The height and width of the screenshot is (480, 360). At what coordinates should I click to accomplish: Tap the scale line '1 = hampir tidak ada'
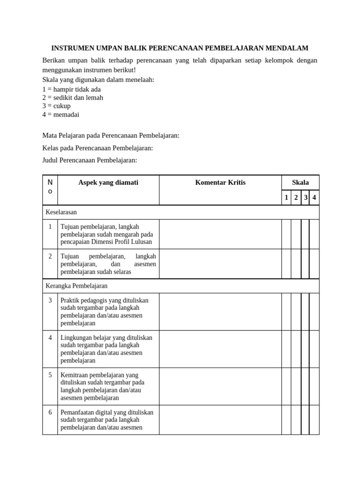pos(71,89)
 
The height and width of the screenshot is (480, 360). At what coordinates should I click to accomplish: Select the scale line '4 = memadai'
pos(61,114)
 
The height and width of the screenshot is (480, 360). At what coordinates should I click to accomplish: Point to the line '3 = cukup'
pos(56,106)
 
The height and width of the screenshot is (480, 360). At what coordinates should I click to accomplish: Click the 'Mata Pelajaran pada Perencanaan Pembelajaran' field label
pos(111,135)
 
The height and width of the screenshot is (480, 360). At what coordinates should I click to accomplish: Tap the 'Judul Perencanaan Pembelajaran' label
pos(90,160)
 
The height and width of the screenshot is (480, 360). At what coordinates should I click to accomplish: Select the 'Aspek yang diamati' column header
pos(108,182)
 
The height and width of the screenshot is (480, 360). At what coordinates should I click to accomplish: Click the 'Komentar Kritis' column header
pos(220,182)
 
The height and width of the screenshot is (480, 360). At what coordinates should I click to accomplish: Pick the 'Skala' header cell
pos(300,182)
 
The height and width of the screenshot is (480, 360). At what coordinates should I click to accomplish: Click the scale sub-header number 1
pos(286,198)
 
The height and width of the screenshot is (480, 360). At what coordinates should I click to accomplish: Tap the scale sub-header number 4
pos(314,198)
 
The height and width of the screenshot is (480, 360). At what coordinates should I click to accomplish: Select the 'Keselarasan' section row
pos(61,212)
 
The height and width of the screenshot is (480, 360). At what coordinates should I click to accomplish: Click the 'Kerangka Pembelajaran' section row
pos(76,285)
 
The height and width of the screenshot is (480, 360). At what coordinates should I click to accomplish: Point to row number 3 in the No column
pos(50,300)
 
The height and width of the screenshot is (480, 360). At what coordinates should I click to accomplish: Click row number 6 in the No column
pos(50,412)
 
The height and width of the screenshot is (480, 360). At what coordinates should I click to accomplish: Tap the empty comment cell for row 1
pos(220,234)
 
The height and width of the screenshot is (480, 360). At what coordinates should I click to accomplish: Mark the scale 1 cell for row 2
pos(286,264)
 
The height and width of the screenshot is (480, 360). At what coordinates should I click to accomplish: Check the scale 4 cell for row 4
pos(314,349)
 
